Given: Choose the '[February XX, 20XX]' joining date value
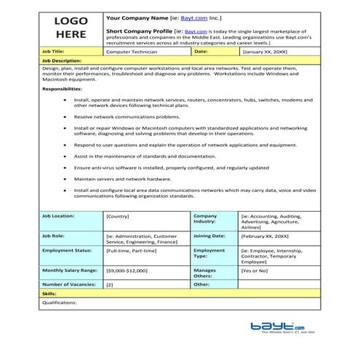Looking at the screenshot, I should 265,236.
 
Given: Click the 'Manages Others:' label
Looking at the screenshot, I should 205,273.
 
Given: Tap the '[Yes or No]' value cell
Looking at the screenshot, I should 257,271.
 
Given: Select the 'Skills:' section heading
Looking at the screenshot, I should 49,293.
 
